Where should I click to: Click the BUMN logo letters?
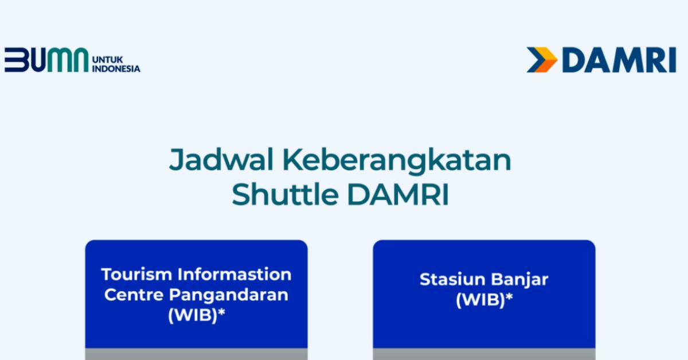point(46,60)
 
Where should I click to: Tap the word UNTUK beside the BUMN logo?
point(108,60)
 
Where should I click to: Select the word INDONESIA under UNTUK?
point(116,68)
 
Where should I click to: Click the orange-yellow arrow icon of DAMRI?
point(542,60)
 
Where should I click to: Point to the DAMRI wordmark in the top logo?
point(619,60)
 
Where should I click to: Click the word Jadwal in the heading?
point(221,161)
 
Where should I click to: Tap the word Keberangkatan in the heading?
point(397,161)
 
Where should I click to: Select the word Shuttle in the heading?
point(286,194)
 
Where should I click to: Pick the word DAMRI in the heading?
point(398,194)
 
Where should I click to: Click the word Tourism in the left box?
point(136,275)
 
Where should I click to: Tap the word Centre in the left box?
point(134,295)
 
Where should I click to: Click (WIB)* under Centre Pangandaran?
point(197,315)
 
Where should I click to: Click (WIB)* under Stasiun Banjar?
point(484,300)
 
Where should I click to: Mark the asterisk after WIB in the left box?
point(221,312)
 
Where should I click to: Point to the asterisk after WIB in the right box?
point(509,296)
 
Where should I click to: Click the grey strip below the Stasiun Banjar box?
point(484,354)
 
